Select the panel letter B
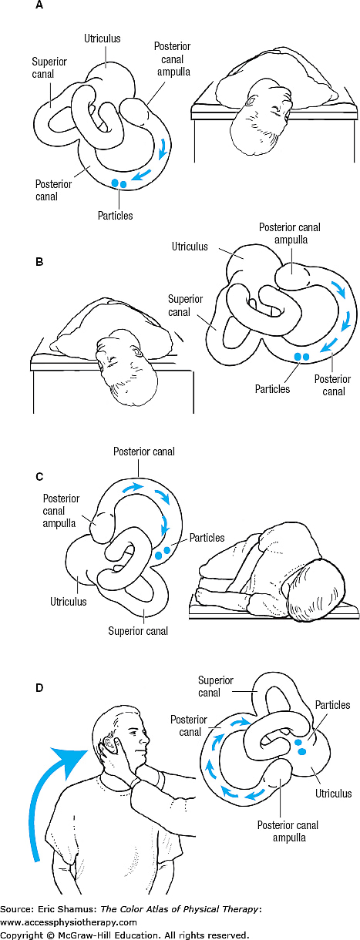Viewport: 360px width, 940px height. [40, 282]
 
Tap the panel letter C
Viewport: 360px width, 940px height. [40, 475]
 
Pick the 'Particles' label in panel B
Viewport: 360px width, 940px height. [272, 389]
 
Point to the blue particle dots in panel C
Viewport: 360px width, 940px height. [162, 553]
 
